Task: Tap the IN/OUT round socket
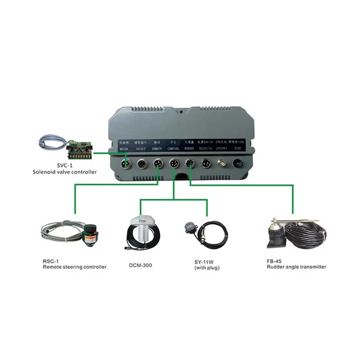pyautogui.click(x=143, y=163)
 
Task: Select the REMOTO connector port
pyautogui.click(x=158, y=163)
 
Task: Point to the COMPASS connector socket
pyautogui.click(x=174, y=163)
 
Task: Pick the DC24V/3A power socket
pyautogui.click(x=206, y=163)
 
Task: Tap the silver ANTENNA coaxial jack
pyautogui.click(x=222, y=164)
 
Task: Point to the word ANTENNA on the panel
pyautogui.click(x=222, y=148)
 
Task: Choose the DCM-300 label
pyautogui.click(x=140, y=265)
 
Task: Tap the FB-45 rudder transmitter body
pyautogui.click(x=274, y=234)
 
